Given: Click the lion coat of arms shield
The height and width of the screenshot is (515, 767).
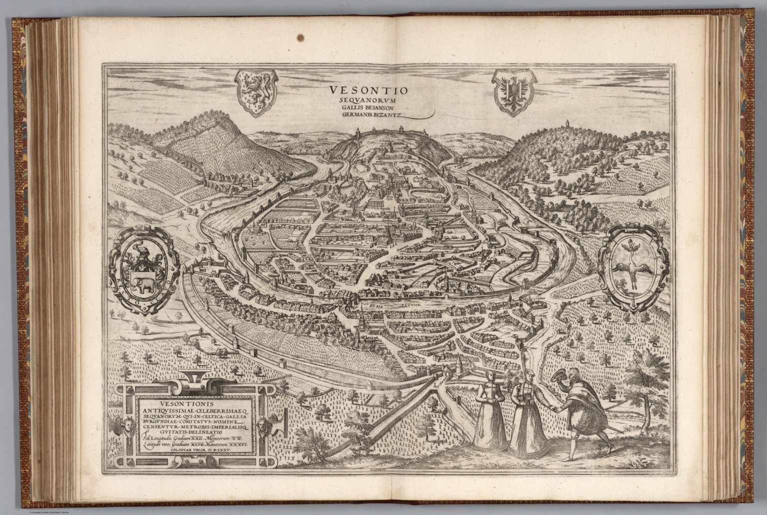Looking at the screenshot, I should pos(255,92).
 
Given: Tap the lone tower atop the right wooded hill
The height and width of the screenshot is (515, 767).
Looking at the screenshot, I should pos(567,123).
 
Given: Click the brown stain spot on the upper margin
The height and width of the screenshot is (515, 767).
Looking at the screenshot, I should pos(300,36).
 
